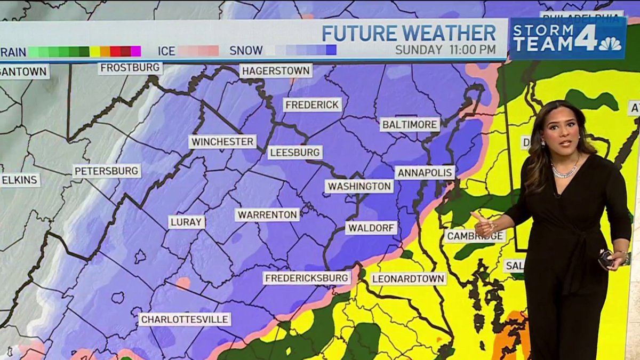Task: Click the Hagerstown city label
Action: click(x=276, y=70)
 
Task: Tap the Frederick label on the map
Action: click(x=313, y=105)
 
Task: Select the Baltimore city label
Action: click(x=410, y=125)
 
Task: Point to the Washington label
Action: click(x=359, y=186)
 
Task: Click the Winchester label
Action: click(x=222, y=142)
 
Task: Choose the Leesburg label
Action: click(x=295, y=153)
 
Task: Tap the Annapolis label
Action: click(x=425, y=173)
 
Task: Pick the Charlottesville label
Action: click(x=185, y=319)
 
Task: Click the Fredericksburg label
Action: click(x=307, y=278)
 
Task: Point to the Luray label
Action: click(x=187, y=222)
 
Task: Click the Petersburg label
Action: click(x=107, y=171)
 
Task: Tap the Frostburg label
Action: click(x=131, y=68)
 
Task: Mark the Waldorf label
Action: click(x=372, y=228)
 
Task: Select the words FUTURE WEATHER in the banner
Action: click(x=409, y=34)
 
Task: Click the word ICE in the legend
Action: click(x=166, y=51)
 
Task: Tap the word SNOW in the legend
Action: click(x=246, y=51)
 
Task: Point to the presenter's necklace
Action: click(x=565, y=171)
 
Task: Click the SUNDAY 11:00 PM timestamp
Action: click(x=445, y=50)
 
